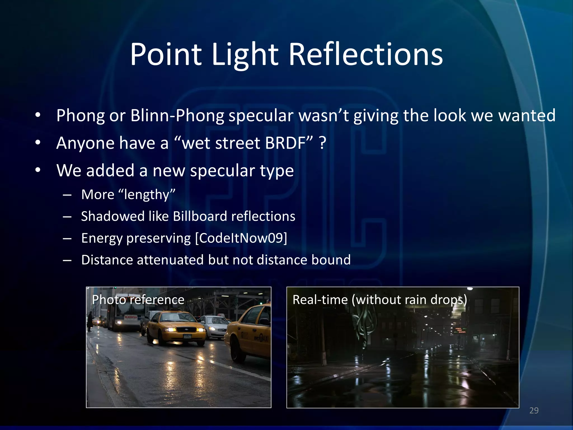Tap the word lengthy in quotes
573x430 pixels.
coord(147,195)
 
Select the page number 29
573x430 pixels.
coord(534,410)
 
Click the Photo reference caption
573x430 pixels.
coord(138,300)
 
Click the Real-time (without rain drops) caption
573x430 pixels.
coord(380,300)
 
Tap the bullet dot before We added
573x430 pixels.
coord(38,170)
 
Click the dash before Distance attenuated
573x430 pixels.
coord(67,260)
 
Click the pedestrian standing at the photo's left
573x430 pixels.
coord(90,322)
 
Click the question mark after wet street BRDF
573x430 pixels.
coord(323,143)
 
